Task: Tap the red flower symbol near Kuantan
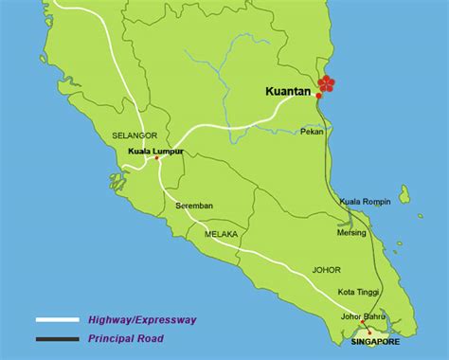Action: tap(328, 84)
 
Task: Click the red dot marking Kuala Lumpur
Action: tap(158, 158)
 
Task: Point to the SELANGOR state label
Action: tap(134, 135)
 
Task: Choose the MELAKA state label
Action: tap(220, 233)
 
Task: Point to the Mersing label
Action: tap(351, 232)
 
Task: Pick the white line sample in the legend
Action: tap(57, 320)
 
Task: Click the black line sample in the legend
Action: tap(57, 338)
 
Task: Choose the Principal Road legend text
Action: tap(125, 338)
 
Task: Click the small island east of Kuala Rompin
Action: tap(404, 195)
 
